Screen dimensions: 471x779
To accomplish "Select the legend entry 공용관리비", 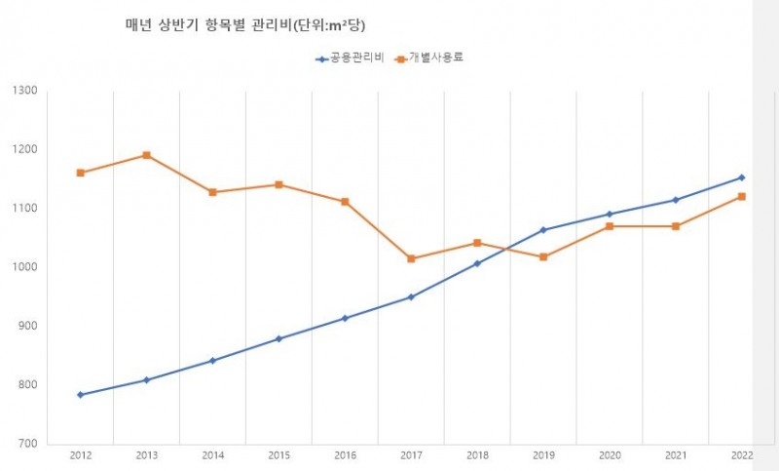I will tap(351, 59).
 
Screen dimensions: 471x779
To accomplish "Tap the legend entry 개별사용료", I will tap(428, 59).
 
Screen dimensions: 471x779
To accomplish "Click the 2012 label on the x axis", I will tap(80, 456).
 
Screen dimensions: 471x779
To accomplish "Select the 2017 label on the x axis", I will tap(411, 456).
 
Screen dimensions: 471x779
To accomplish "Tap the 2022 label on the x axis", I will tap(741, 456).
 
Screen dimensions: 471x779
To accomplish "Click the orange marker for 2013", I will tap(146, 155).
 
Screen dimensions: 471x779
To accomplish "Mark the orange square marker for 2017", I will tap(411, 258).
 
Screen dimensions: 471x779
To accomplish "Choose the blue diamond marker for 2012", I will tap(80, 395).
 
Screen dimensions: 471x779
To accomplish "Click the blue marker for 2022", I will tap(741, 177).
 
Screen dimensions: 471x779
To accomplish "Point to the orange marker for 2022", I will tap(741, 197).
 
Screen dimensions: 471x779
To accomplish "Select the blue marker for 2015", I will tap(278, 338).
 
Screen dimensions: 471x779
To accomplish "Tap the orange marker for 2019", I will tap(543, 256).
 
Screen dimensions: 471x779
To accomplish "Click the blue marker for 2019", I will tap(543, 230).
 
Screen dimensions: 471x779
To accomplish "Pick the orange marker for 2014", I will tap(212, 192).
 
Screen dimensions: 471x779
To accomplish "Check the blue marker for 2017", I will tap(411, 296).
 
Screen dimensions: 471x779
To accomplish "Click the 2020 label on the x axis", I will tap(610, 456).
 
